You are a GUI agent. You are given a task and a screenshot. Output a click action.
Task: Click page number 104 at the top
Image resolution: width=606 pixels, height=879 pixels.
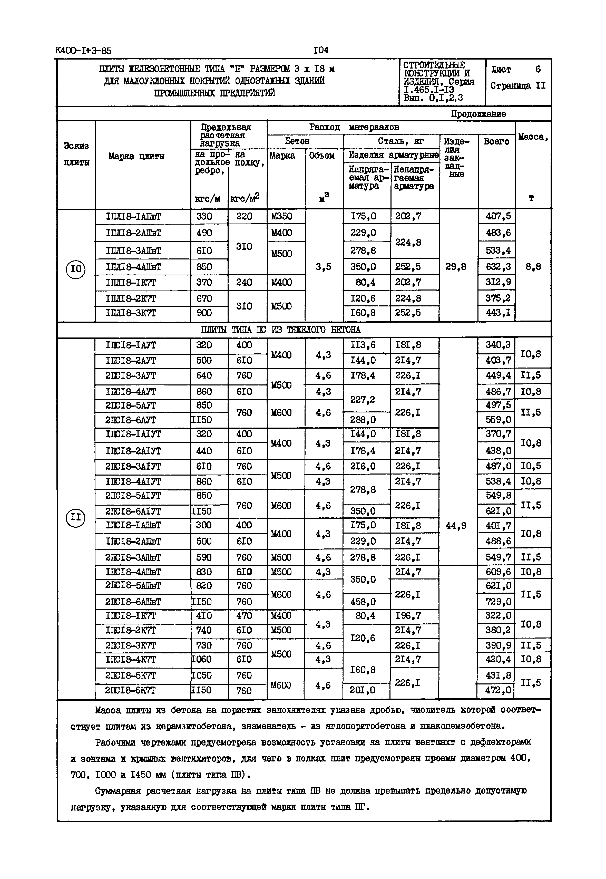pos(321,50)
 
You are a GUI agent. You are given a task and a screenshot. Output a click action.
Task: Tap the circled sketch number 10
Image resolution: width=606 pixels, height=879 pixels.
pos(76,269)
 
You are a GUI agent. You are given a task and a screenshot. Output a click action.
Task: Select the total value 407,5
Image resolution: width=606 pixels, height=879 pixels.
pos(499,217)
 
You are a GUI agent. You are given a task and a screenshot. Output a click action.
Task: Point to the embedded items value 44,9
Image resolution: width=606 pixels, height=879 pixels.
pos(456,526)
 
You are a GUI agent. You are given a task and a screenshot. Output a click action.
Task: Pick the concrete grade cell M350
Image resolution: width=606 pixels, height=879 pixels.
pos(282,217)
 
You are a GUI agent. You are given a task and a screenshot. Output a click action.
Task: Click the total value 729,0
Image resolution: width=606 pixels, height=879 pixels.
pos(499,602)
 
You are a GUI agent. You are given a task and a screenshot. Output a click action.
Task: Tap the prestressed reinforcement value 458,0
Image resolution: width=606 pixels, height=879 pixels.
pos(363,602)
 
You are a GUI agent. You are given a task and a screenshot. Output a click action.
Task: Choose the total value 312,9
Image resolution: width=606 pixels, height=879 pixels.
pos(499,282)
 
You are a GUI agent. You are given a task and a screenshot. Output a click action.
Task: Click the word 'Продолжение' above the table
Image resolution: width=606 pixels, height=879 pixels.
pos(478,114)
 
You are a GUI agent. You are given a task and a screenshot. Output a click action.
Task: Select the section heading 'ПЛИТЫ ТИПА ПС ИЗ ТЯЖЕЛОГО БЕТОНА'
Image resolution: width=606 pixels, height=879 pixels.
pos(281,330)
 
